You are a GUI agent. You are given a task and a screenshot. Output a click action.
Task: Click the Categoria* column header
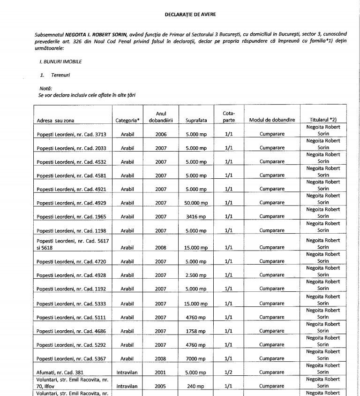pyautogui.click(x=127, y=121)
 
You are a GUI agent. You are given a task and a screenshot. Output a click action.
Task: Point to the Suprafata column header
pyautogui.click(x=196, y=121)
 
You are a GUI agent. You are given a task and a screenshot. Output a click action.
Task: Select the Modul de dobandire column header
pyautogui.click(x=272, y=120)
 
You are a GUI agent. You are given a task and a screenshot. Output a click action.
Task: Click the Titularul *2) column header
pyautogui.click(x=323, y=120)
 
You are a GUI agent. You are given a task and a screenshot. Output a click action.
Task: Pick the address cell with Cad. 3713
pyautogui.click(x=72, y=135)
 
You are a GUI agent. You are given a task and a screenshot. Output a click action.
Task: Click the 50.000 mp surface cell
pyautogui.click(x=196, y=203)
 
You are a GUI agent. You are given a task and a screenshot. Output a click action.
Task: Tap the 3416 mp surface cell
pyautogui.click(x=196, y=217)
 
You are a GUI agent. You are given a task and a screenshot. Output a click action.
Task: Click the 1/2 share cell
pyautogui.click(x=229, y=373)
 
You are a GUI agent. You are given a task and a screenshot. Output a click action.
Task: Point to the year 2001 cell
pyautogui.click(x=161, y=373)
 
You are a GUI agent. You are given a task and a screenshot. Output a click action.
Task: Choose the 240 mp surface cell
pyautogui.click(x=196, y=386)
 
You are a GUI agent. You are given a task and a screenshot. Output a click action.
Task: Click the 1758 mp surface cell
pyautogui.click(x=196, y=331)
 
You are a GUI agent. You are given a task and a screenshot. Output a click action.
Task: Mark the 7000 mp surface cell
pyautogui.click(x=196, y=359)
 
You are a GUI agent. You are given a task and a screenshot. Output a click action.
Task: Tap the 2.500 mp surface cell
pyautogui.click(x=196, y=275)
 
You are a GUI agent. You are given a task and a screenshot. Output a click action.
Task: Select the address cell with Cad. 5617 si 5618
pyautogui.click(x=72, y=244)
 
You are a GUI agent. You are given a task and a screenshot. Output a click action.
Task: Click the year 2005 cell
pyautogui.click(x=161, y=386)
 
